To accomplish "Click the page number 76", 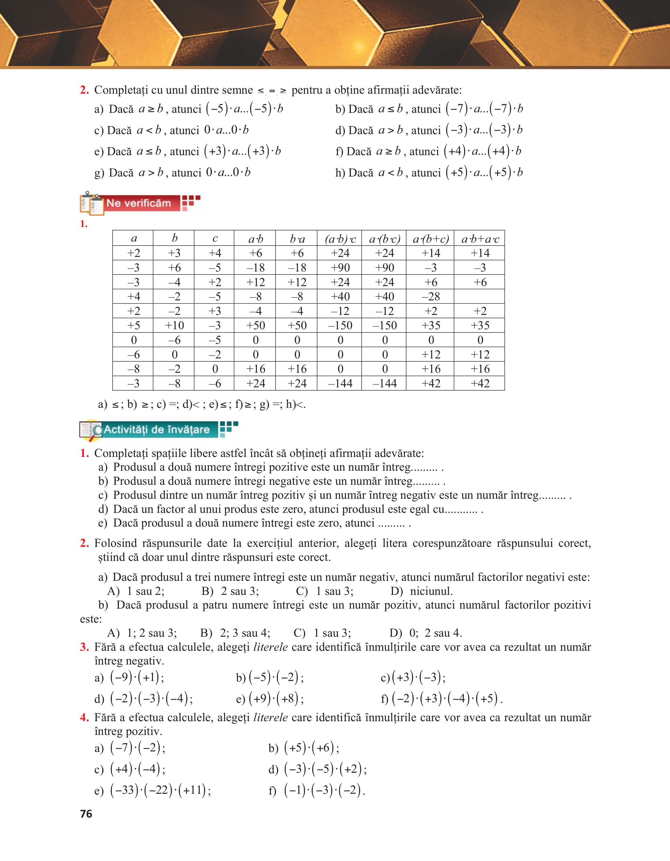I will click(x=86, y=814).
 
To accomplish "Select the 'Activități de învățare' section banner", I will click(x=157, y=429).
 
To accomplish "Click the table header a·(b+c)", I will click(x=430, y=239).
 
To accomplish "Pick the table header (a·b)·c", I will click(x=340, y=239).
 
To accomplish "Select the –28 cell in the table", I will click(x=430, y=296).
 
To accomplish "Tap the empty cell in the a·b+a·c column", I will click(x=480, y=296).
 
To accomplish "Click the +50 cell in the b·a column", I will click(x=297, y=325).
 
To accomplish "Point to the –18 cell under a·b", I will click(x=255, y=268).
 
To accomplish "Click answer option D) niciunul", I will click(x=422, y=591).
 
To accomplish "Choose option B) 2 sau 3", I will click(x=230, y=591).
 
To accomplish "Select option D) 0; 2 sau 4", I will click(x=426, y=633).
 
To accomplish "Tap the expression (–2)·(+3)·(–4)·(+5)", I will click(x=446, y=698).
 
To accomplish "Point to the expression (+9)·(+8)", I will click(x=276, y=698).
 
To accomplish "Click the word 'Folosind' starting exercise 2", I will click(x=115, y=543).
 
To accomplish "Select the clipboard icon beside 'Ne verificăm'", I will click(x=92, y=204).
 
